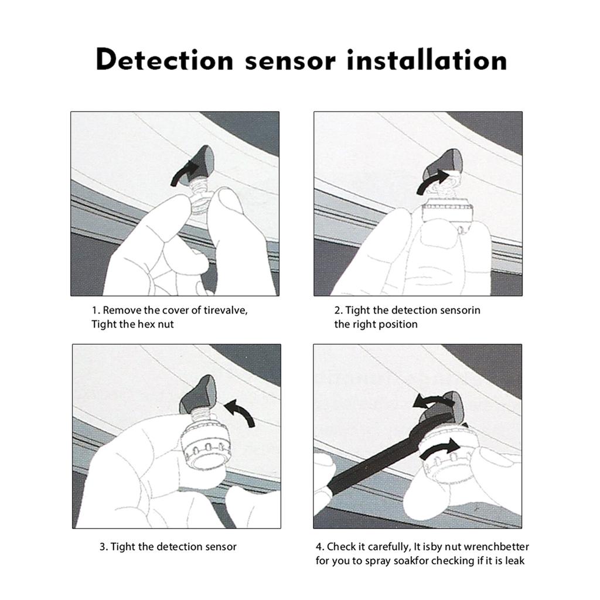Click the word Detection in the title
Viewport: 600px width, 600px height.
point(165,60)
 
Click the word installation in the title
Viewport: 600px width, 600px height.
point(426,60)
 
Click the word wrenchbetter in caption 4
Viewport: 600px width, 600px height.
point(496,547)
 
